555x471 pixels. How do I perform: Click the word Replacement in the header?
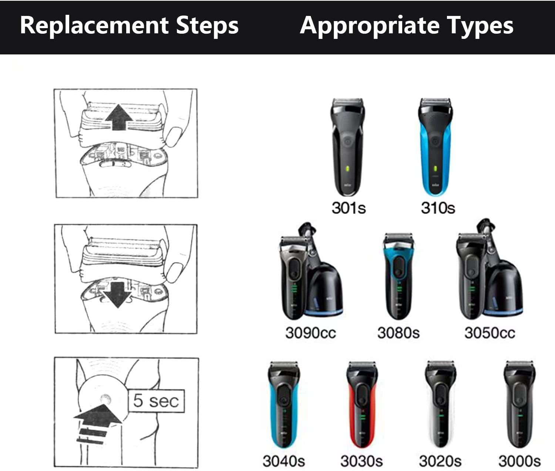(95, 26)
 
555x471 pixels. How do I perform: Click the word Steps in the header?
(207, 26)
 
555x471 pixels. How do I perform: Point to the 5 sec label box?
(156, 401)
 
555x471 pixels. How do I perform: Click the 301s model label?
(349, 208)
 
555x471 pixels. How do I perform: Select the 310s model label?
(438, 208)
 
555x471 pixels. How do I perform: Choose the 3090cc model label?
(310, 333)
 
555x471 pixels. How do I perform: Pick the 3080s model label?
(398, 333)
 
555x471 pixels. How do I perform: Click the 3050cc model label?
(490, 333)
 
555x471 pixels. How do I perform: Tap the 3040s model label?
(284, 461)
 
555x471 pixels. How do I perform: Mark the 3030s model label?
(361, 461)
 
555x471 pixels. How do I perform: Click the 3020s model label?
(440, 461)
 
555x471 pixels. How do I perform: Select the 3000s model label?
(519, 461)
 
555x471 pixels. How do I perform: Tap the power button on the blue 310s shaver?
(435, 141)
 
